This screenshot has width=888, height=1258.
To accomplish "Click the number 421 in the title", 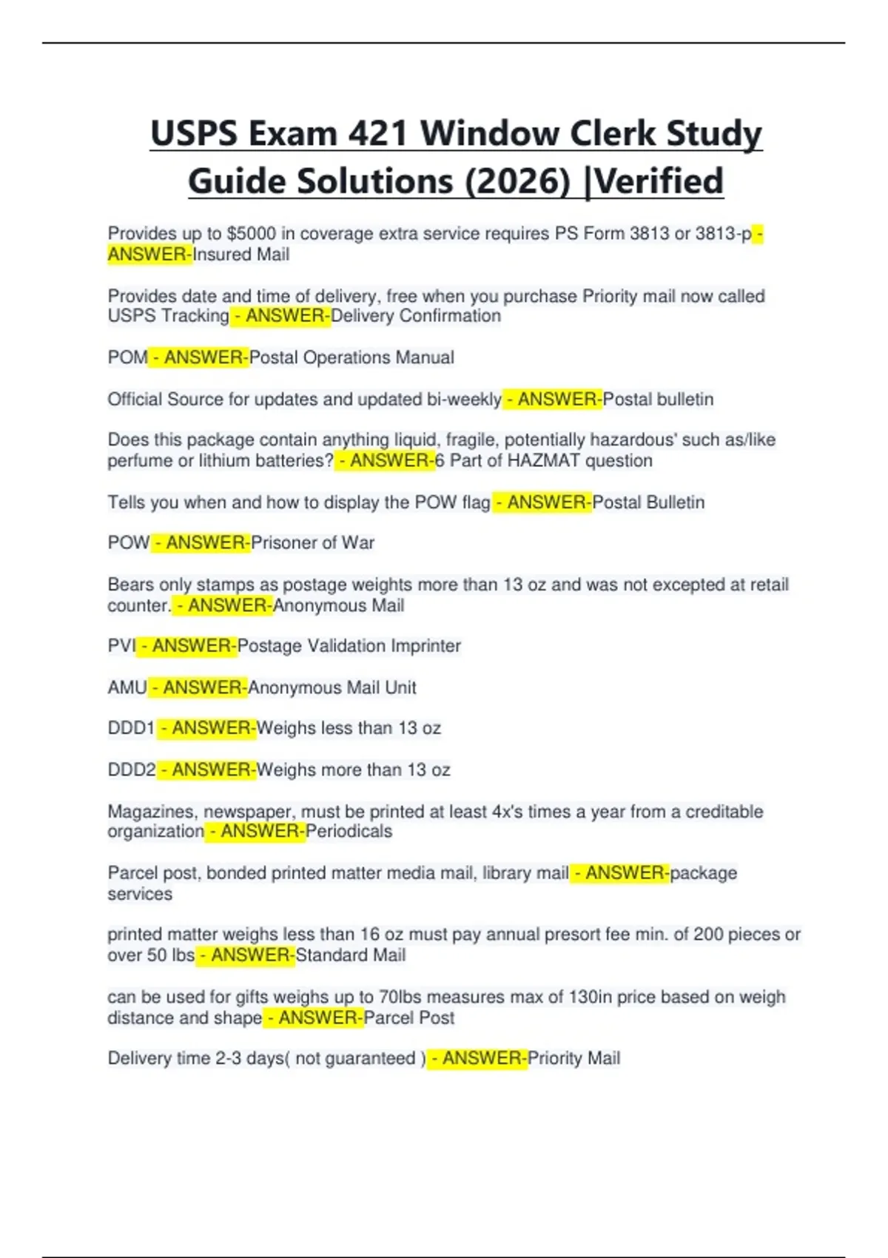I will [x=377, y=134].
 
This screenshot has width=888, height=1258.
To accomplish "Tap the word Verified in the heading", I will [x=659, y=181].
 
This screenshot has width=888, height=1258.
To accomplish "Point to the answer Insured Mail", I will [x=241, y=255].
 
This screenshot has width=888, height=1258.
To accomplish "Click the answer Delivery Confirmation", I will [x=416, y=316].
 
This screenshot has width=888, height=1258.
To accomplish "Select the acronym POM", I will [x=127, y=357].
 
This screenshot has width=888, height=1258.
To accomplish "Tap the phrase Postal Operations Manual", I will [x=351, y=357].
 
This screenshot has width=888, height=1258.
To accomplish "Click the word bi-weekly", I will [x=464, y=400].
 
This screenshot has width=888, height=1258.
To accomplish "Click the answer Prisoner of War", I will [x=312, y=543].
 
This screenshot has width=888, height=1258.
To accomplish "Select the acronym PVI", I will [x=121, y=646].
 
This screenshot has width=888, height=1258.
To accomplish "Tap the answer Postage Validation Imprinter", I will [x=349, y=646].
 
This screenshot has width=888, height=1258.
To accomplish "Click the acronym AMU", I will [x=127, y=687].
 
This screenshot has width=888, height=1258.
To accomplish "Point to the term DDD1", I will [x=131, y=728].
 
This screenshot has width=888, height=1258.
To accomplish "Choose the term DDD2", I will [x=132, y=770].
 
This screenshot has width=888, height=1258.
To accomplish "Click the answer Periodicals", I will [x=349, y=832].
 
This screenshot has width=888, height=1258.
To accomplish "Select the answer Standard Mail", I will [x=351, y=955].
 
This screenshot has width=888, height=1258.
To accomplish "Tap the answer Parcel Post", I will [x=409, y=1018].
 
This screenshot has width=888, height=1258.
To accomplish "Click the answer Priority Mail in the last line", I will [x=573, y=1059].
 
